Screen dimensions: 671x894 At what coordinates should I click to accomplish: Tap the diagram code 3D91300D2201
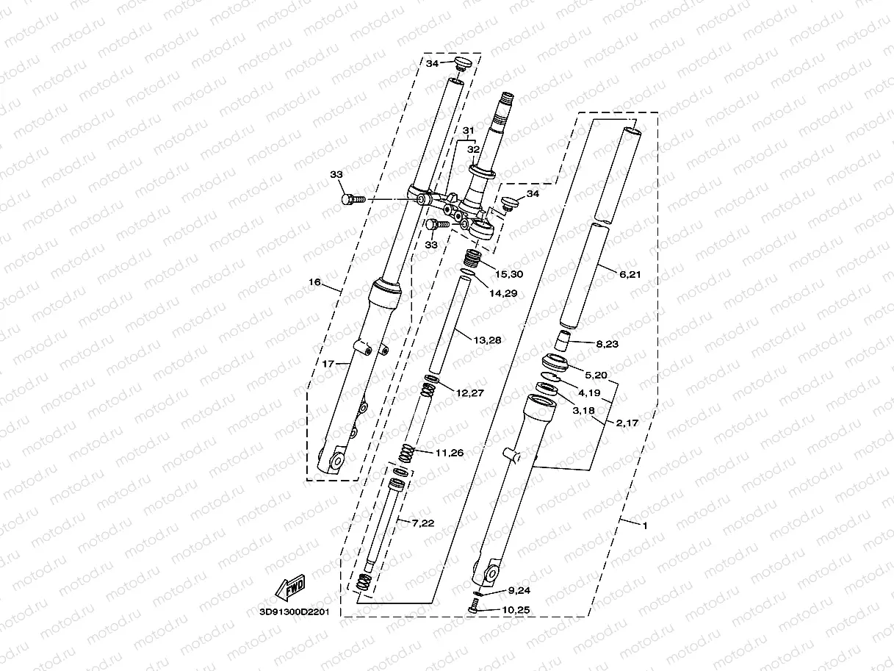(x=295, y=611)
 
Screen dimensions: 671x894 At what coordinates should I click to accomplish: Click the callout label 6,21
(x=630, y=274)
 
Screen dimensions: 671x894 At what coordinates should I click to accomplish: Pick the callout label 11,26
(x=449, y=453)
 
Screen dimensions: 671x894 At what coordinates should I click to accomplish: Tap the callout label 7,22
(x=423, y=523)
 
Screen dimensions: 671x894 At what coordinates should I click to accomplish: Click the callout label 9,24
(x=519, y=590)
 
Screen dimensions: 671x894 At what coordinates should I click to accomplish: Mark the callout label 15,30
(x=508, y=274)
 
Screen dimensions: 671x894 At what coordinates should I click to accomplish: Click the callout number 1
(x=644, y=525)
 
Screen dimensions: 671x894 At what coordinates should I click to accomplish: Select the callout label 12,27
(x=470, y=393)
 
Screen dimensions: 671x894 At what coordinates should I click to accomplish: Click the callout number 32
(x=473, y=148)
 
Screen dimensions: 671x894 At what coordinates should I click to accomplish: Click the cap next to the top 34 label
(x=464, y=63)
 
